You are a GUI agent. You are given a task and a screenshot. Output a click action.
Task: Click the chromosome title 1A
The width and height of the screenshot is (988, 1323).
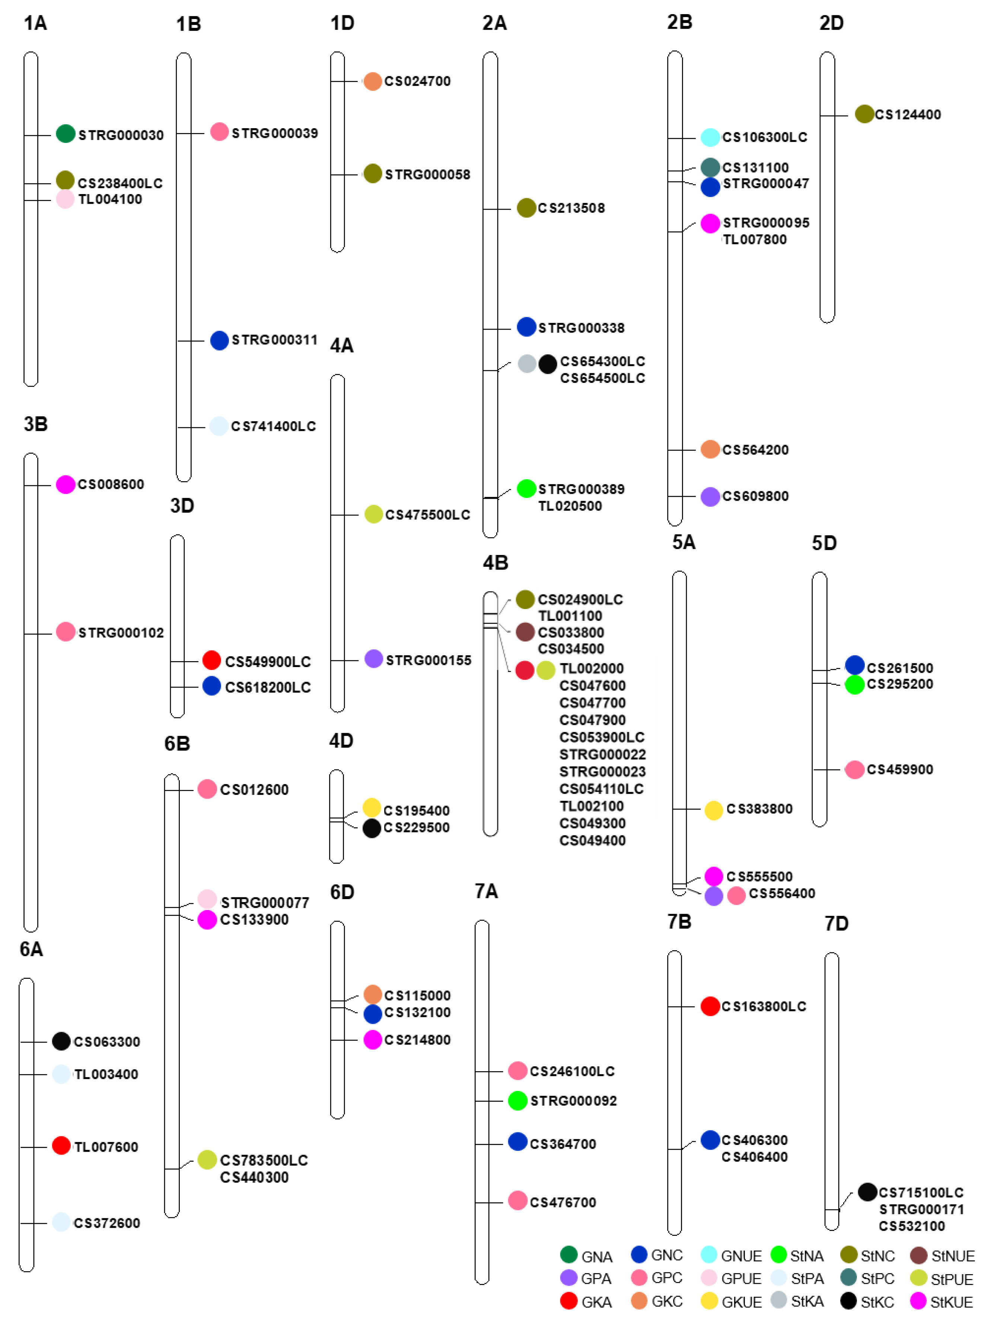35,23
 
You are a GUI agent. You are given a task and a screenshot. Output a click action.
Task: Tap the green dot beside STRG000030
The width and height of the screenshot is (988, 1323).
66,133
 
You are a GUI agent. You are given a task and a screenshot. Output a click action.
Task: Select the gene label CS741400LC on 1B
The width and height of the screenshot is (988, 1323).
273,426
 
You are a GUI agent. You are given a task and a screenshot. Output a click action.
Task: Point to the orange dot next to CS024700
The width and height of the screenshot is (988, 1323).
372,81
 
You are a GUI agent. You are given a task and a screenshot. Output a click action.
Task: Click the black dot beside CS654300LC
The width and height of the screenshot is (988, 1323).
548,364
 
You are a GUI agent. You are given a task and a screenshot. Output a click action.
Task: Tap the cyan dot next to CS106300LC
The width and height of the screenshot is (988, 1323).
710,137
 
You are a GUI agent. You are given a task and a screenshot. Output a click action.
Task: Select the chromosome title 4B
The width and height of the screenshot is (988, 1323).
495,563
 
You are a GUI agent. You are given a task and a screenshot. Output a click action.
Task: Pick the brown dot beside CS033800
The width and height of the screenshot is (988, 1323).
525,632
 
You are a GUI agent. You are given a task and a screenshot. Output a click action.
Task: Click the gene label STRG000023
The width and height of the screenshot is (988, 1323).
602,771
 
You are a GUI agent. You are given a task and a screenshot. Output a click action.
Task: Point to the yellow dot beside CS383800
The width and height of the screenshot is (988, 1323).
714,810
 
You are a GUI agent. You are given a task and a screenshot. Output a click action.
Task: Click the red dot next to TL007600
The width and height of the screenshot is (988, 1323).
61,1145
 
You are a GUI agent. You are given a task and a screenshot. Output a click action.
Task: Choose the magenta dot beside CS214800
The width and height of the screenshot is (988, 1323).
372,1040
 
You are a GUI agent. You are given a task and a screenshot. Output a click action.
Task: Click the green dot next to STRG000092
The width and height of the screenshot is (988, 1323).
517,1100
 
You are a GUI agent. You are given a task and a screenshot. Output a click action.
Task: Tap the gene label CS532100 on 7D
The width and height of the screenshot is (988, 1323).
911,1226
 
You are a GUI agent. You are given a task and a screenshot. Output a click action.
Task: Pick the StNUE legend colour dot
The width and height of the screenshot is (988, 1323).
918,1256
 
